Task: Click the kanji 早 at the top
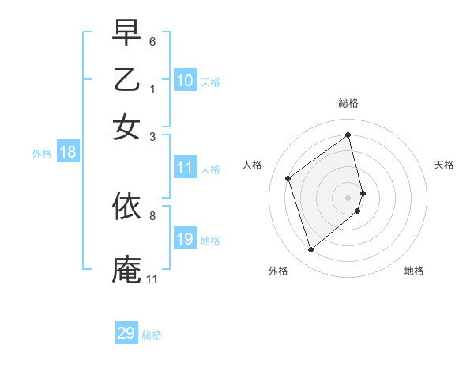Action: tap(126, 33)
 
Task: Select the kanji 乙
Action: tap(126, 80)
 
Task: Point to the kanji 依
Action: tap(126, 207)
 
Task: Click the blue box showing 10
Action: tap(185, 81)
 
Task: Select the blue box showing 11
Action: tap(185, 168)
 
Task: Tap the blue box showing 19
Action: tap(185, 239)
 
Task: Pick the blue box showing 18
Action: tap(68, 153)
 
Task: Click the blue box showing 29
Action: tap(126, 333)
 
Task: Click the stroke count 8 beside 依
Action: tap(152, 214)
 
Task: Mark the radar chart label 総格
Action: tap(348, 103)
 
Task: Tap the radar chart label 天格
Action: tap(444, 165)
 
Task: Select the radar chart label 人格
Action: tap(252, 165)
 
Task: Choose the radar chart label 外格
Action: tap(278, 271)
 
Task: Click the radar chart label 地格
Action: tap(414, 271)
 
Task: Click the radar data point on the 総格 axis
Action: tap(348, 135)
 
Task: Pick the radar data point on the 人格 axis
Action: tap(288, 178)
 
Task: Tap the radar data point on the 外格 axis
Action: tap(310, 250)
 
